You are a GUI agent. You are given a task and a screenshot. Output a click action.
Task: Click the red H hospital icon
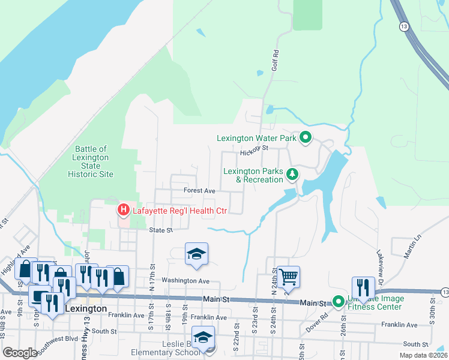pos(123,210)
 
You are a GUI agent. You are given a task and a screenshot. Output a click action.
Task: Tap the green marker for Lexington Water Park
pos(305,138)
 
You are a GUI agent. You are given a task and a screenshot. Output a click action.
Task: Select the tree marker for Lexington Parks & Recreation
pos(292,175)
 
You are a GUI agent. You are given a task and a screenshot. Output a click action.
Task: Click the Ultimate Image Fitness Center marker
pos(338,301)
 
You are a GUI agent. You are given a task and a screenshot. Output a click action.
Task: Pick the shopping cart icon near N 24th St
pos(288,277)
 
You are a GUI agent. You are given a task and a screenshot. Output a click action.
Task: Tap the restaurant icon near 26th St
pos(363,287)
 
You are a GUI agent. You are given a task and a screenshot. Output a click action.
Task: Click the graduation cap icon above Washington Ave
pos(196,253)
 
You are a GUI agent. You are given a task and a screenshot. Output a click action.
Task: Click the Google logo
pos(20,353)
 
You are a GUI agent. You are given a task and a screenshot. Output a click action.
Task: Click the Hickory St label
pos(253,151)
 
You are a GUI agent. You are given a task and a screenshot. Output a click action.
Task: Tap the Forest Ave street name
pos(199,191)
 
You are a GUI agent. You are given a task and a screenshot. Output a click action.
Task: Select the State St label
pos(161,230)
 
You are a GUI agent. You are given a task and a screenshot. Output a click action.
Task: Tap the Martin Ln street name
pos(413,247)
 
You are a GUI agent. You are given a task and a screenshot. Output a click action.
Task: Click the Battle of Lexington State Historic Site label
pos(90,161)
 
